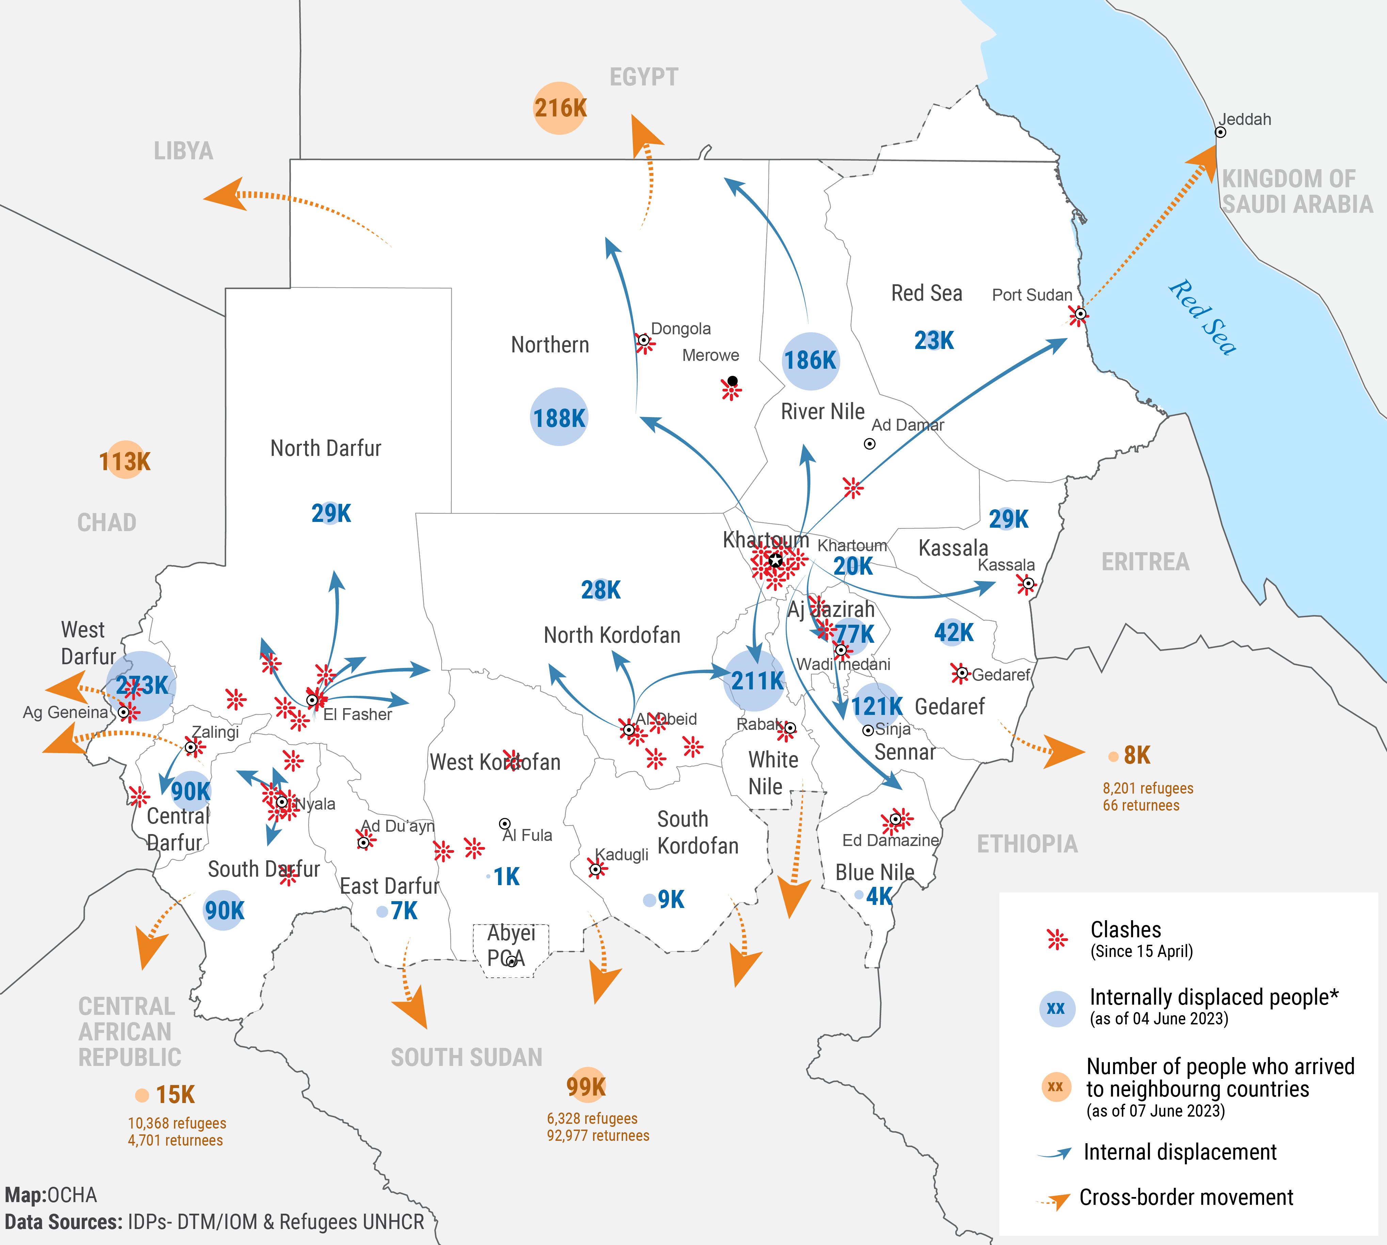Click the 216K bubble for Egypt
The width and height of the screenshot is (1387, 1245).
click(560, 108)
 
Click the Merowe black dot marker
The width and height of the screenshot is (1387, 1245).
click(733, 381)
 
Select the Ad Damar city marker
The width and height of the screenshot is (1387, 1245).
click(869, 444)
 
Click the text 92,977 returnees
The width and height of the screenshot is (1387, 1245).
click(598, 1136)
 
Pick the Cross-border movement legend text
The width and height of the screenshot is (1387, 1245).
click(1186, 1197)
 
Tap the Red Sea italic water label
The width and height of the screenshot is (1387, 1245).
click(1202, 318)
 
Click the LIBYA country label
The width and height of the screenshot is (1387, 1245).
click(183, 151)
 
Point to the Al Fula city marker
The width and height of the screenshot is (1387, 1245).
click(505, 824)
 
